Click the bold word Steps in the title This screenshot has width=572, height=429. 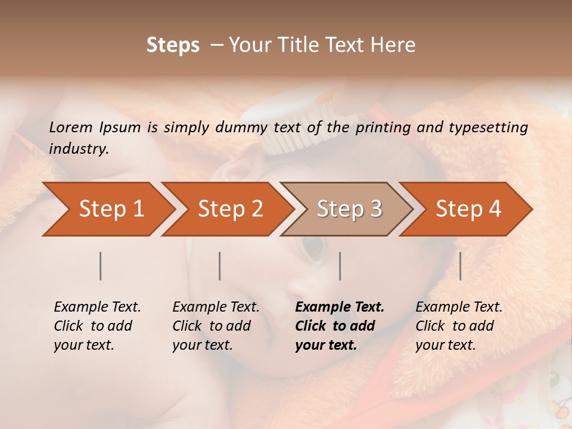[173, 45]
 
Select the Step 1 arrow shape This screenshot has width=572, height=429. [107, 209]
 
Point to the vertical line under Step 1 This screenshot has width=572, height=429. [101, 266]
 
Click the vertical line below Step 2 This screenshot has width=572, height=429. [220, 266]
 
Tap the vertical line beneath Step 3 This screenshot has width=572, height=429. [340, 266]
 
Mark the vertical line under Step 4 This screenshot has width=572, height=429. [460, 266]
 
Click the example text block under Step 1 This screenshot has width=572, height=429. [97, 326]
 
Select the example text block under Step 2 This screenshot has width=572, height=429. [216, 326]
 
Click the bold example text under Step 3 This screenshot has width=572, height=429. [339, 326]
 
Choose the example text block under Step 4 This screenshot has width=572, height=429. [459, 326]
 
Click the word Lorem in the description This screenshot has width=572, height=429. [71, 127]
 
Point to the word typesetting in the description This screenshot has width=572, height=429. [489, 128]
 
